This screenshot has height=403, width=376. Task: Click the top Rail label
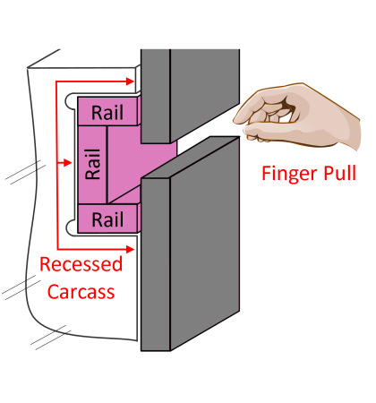click(108, 113)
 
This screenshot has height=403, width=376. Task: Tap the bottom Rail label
click(108, 219)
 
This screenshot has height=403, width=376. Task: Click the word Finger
click(286, 173)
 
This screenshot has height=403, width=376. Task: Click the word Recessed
click(81, 265)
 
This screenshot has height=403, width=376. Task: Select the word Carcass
click(81, 291)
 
